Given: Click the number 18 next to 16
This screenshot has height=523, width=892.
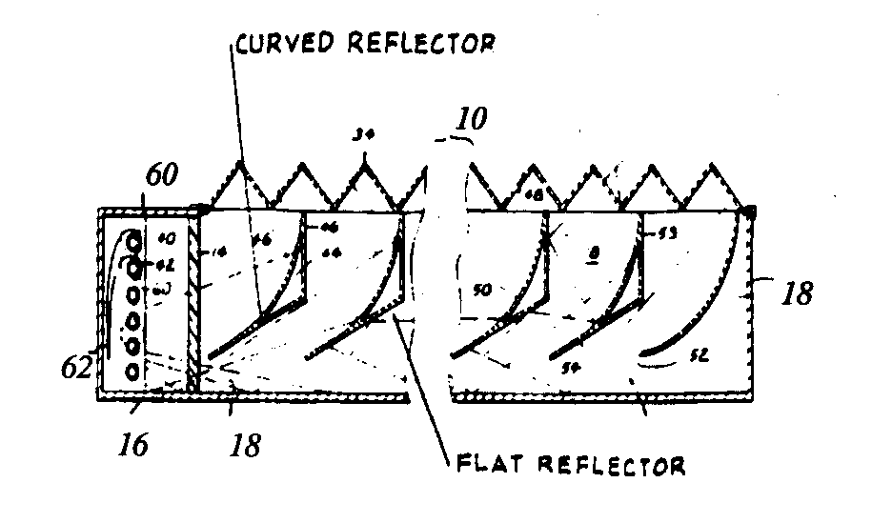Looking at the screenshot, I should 246,445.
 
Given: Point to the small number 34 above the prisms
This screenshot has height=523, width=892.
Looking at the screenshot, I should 363,137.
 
